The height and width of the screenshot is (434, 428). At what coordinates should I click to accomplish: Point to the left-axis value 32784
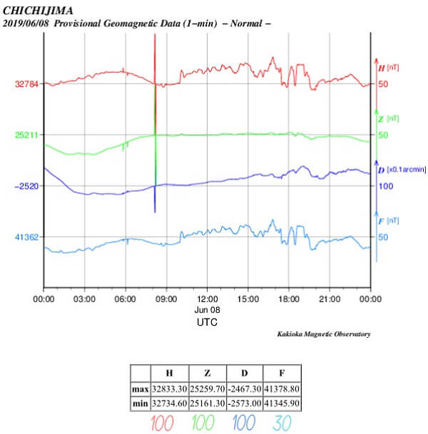pos(27,83)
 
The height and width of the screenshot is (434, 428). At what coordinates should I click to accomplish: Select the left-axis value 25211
pos(27,135)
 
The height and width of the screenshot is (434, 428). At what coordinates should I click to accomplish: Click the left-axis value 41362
pos(27,237)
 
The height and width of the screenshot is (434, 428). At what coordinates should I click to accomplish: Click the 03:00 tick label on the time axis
pos(85,300)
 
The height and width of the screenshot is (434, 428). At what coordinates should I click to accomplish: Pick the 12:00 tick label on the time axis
pos(207,300)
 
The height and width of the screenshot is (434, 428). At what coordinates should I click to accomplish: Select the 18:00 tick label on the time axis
pos(289,300)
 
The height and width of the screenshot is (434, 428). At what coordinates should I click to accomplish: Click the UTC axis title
pos(207,322)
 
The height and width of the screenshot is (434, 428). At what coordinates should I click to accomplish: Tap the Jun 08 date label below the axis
pos(207,311)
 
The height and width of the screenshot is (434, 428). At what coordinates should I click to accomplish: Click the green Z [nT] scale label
pos(387,118)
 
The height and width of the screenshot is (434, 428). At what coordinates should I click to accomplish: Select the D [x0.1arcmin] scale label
pos(401,170)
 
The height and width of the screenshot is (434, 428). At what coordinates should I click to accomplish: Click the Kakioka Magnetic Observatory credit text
pos(323,334)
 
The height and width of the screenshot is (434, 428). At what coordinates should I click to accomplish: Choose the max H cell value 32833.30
pos(169,389)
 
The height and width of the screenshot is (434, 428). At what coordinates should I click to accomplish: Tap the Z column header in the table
pos(206,373)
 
